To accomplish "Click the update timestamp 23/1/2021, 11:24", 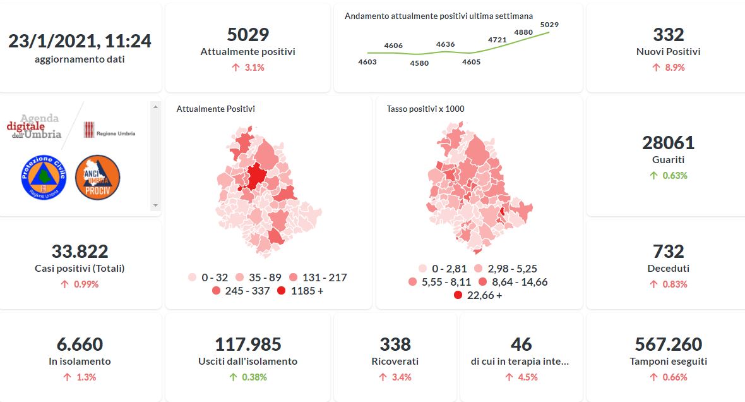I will tap(80, 41).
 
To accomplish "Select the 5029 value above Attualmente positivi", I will tap(247, 35).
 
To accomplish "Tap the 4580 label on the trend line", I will tap(419, 63).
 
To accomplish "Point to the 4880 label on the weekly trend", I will tap(523, 32).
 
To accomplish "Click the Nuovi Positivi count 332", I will tap(668, 35).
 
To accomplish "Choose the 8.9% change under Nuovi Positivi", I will tap(668, 68).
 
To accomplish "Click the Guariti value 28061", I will tap(668, 143).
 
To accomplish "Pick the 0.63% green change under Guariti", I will tap(668, 176).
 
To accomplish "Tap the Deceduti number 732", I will tap(668, 252).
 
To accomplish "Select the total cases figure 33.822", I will tap(80, 252).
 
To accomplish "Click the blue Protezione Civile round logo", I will tap(44, 178).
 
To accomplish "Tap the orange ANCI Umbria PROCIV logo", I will tap(97, 178).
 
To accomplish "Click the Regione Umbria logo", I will tap(109, 130).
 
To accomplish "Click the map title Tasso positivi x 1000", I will tap(426, 109).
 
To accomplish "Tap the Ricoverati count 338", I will tap(395, 344).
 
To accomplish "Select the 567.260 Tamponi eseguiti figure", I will tap(668, 344).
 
